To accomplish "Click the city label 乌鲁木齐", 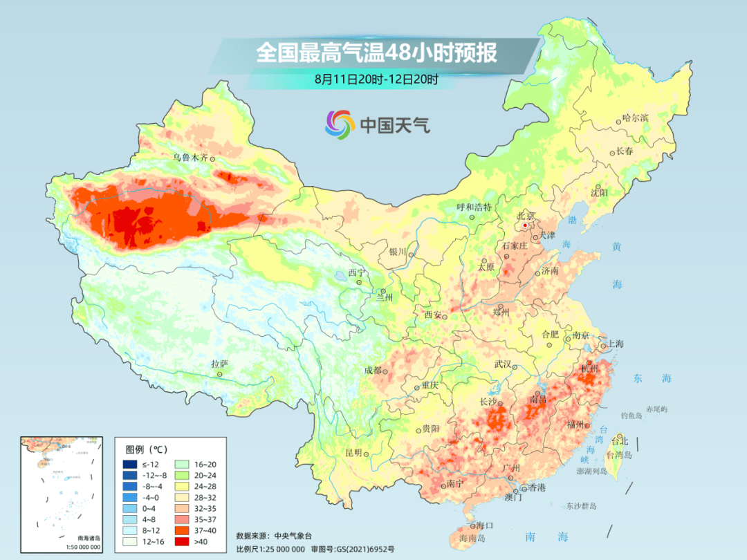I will pos(190,158).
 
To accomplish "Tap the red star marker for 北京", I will pos(525,225).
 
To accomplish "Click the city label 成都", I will pos(372,370).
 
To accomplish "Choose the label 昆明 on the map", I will pos(353,453).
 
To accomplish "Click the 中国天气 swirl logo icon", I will pos(340,124).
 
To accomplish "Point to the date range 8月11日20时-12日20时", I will pos(376,80).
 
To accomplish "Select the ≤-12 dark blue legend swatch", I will pos(129,464).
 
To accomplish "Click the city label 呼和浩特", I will pos(474,207).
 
